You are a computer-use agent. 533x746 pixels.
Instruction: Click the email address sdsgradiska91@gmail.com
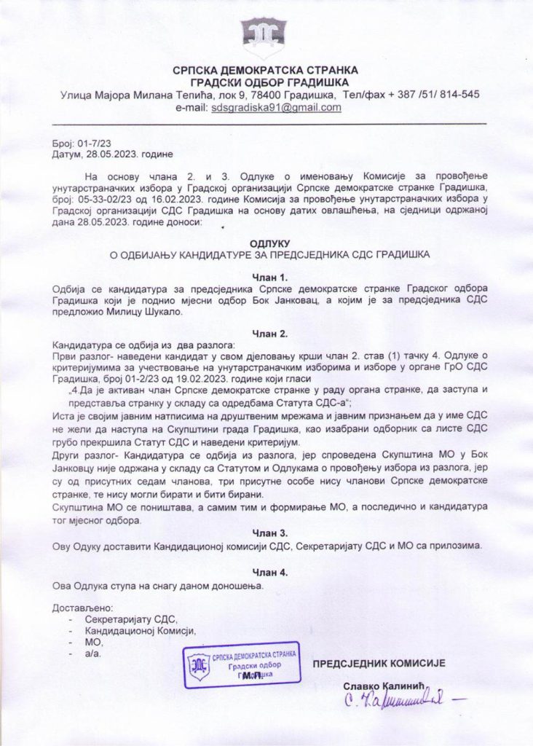(x=276, y=108)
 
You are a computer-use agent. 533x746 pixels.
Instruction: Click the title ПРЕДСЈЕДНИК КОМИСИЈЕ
(x=379, y=663)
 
